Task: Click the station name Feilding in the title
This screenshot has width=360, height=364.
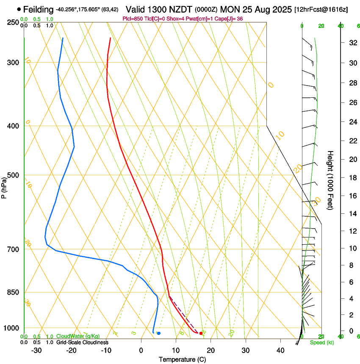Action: pos(39,9)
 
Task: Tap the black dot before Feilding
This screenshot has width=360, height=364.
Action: pos(19,9)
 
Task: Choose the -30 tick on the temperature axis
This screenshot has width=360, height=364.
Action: pos(36,350)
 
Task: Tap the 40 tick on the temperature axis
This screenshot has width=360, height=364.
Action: pos(280,350)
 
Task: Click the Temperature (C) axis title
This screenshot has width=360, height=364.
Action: pos(182,359)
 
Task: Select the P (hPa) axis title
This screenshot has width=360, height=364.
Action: pos(4,186)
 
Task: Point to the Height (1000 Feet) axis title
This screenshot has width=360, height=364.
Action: pos(330,180)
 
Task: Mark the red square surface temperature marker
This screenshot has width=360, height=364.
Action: pos(201,333)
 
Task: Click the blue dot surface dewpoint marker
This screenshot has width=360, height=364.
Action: pos(159,333)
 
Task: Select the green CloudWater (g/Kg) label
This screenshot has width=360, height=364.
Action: pos(78,336)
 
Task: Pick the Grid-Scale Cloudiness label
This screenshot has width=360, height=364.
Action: pos(82,342)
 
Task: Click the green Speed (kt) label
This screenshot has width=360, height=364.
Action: pos(322,342)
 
